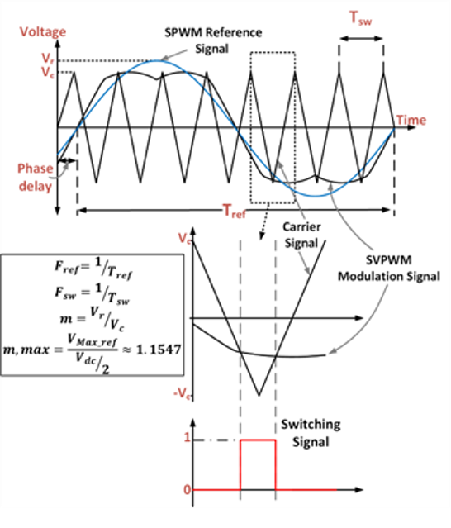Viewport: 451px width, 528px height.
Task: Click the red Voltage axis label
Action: coord(43,32)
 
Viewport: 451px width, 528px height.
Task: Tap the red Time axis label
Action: coord(411,120)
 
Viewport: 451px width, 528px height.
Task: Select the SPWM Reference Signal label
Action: coord(213,40)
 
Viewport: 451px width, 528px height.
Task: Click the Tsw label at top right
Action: coord(360,18)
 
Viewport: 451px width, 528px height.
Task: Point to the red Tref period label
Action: coord(235,212)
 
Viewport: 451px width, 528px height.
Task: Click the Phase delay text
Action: coord(36,177)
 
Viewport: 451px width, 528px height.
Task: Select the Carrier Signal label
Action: coord(301,235)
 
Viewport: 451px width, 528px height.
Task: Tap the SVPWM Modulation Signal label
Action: coord(389,268)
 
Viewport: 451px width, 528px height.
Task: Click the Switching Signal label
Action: coord(311,433)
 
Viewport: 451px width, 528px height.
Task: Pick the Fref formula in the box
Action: coord(93,269)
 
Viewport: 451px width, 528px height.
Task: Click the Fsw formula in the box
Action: coord(93,293)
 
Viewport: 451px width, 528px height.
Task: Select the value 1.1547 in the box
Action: coord(159,350)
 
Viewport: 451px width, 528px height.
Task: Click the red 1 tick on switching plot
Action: coord(188,438)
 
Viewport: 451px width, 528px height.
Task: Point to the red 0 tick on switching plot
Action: coord(188,490)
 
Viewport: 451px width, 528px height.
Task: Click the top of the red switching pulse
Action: coord(258,440)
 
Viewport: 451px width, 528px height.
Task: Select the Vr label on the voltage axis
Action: coord(47,58)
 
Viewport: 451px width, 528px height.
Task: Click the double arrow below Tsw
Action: coord(361,39)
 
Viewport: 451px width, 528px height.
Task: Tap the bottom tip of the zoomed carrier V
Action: coord(259,395)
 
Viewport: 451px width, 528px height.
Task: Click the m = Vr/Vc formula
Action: coord(92,319)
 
